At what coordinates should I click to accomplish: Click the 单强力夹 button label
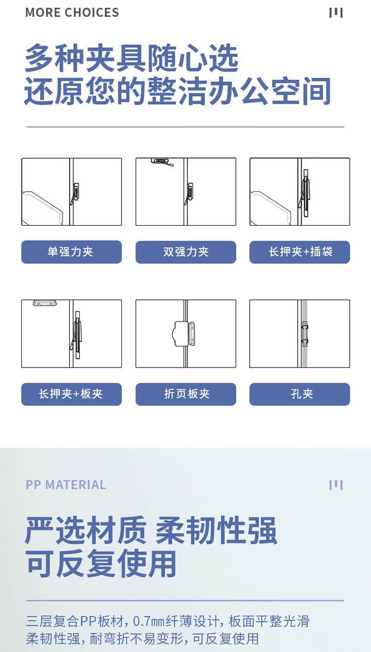pyautogui.click(x=70, y=252)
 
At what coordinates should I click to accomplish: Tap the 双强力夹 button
pyautogui.click(x=185, y=252)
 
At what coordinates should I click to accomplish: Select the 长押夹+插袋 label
pyautogui.click(x=300, y=251)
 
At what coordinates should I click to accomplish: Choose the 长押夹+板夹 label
pyautogui.click(x=71, y=394)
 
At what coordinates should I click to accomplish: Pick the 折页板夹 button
pyautogui.click(x=185, y=394)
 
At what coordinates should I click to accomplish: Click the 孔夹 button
pyautogui.click(x=300, y=394)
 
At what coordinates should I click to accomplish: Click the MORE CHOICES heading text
pyautogui.click(x=72, y=12)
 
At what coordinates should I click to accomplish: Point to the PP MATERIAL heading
pyautogui.click(x=66, y=485)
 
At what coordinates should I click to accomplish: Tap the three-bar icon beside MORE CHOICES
pyautogui.click(x=336, y=13)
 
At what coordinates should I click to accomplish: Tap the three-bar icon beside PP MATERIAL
pyautogui.click(x=336, y=485)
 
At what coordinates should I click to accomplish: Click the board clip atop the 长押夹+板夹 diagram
pyautogui.click(x=45, y=303)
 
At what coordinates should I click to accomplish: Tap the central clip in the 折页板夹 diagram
pyautogui.click(x=185, y=334)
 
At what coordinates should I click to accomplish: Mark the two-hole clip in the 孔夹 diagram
pyautogui.click(x=305, y=334)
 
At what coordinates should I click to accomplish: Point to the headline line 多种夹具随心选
pyautogui.click(x=132, y=58)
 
